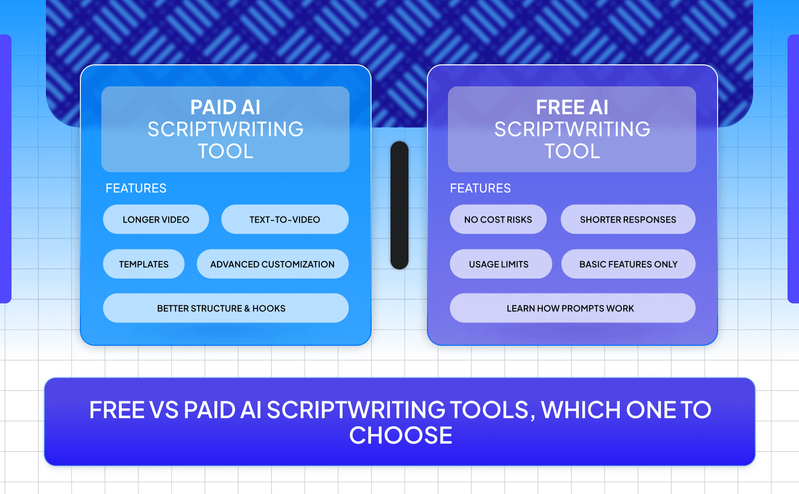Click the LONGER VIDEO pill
(156, 220)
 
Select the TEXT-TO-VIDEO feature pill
(285, 220)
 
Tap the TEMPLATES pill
(144, 264)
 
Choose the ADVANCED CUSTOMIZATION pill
(272, 264)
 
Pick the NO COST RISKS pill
(498, 220)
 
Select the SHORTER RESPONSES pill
(628, 220)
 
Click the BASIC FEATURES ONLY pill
(628, 264)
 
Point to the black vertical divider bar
(399, 205)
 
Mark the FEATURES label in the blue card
(136, 188)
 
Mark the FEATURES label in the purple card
(480, 188)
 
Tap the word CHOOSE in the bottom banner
(400, 435)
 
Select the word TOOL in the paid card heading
(226, 151)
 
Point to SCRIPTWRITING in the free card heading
(572, 129)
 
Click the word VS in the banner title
(164, 410)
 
